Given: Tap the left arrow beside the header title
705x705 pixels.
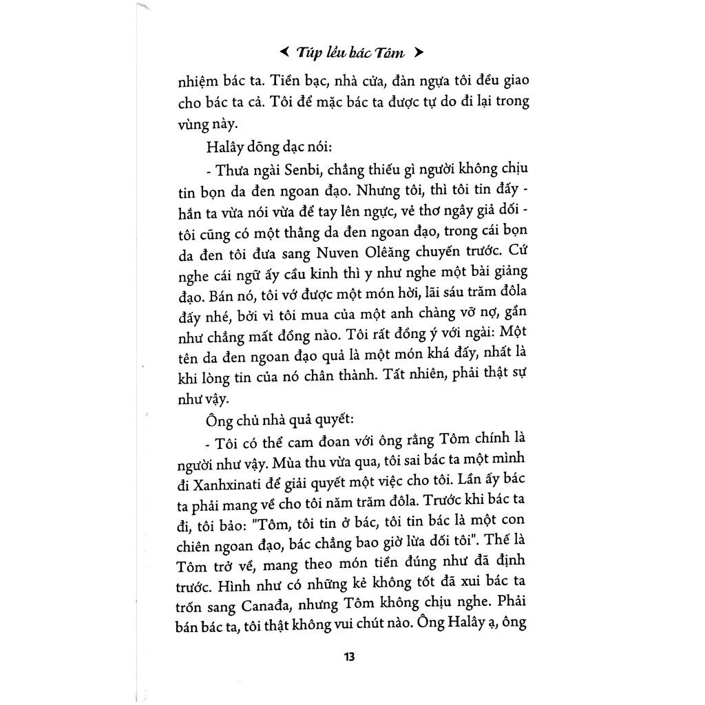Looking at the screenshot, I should pyautogui.click(x=283, y=52).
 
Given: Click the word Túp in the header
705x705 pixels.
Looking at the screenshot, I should pyautogui.click(x=305, y=52).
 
